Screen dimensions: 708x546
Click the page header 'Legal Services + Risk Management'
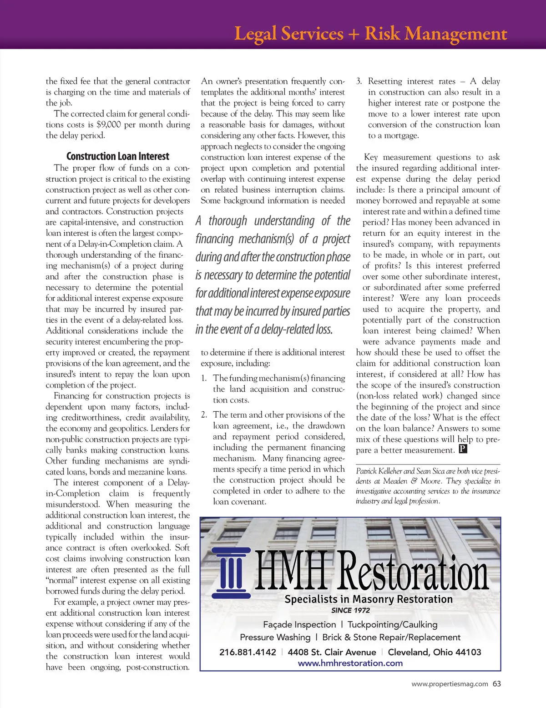(370, 34)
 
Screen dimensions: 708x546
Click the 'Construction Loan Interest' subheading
(117, 156)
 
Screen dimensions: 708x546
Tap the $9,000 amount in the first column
(108, 125)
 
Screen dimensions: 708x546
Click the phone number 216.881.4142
(248, 652)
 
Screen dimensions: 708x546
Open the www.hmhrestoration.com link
(350, 663)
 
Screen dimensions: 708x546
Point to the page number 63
(496, 683)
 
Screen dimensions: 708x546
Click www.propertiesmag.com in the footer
(450, 684)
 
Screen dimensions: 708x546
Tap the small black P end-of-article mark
(463, 449)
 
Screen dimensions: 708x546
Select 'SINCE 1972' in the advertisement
(350, 610)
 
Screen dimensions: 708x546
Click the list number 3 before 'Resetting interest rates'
(359, 81)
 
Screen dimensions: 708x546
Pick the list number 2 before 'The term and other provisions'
(204, 415)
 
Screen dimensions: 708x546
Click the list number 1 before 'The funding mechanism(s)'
(204, 378)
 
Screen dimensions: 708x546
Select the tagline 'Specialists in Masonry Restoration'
(369, 599)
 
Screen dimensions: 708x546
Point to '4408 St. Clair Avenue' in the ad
(332, 652)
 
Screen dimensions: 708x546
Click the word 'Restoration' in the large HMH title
(414, 572)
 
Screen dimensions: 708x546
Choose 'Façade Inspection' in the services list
(299, 624)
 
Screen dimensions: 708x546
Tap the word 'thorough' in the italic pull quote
(227, 221)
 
